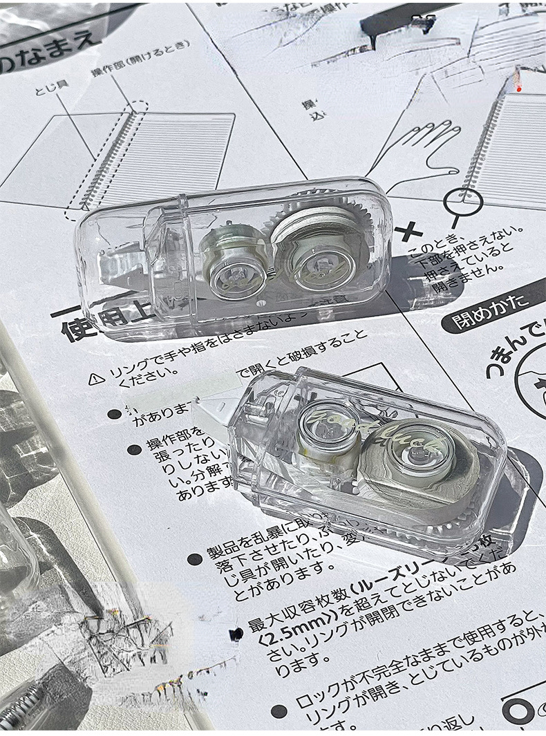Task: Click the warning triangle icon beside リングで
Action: tap(97, 378)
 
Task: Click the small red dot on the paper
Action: tap(518, 88)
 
